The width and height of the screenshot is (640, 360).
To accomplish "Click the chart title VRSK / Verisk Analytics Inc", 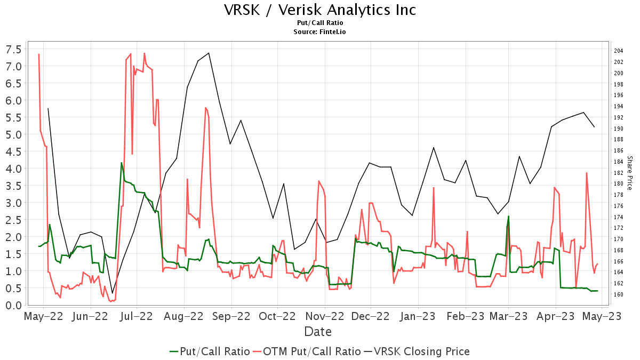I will pyautogui.click(x=319, y=10).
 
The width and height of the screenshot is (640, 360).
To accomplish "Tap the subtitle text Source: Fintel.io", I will pyautogui.click(x=319, y=32).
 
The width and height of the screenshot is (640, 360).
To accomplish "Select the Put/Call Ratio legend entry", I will pyautogui.click(x=210, y=351).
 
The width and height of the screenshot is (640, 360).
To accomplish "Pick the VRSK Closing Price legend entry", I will pyautogui.click(x=417, y=351).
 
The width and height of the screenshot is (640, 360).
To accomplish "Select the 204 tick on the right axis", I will pyautogui.click(x=619, y=51).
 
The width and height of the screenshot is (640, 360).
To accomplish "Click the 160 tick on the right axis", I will pyautogui.click(x=619, y=294).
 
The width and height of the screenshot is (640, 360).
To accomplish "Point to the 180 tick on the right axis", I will pyautogui.click(x=619, y=184).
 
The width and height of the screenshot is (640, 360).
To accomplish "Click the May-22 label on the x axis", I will pyautogui.click(x=43, y=317).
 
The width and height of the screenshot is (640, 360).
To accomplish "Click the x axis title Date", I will pyautogui.click(x=318, y=332).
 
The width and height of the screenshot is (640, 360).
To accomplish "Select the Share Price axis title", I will pyautogui.click(x=629, y=173).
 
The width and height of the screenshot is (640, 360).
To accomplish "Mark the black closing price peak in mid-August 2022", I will pyautogui.click(x=209, y=53).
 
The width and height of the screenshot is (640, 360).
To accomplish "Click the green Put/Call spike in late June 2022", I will pyautogui.click(x=122, y=163).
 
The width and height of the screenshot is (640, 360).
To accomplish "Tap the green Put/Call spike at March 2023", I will pyautogui.click(x=508, y=216).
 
